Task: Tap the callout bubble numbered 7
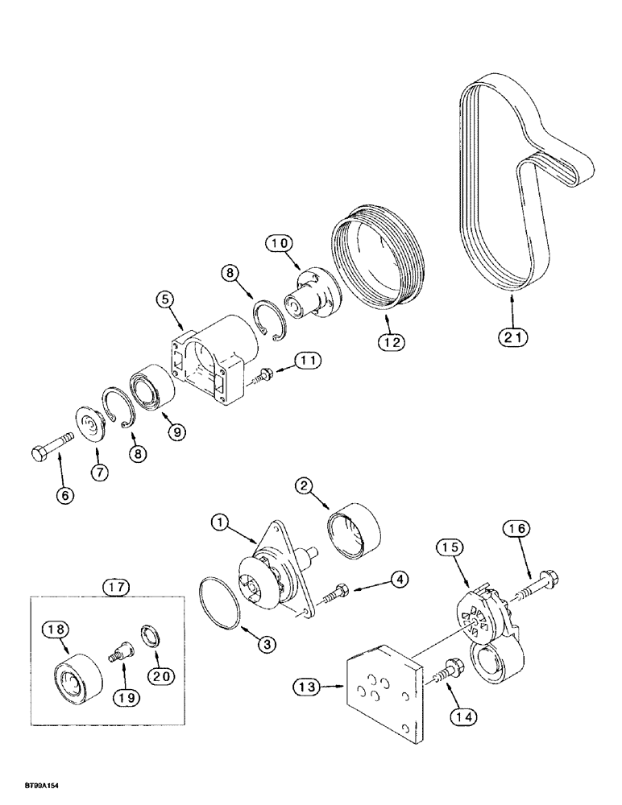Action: pos(99,473)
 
